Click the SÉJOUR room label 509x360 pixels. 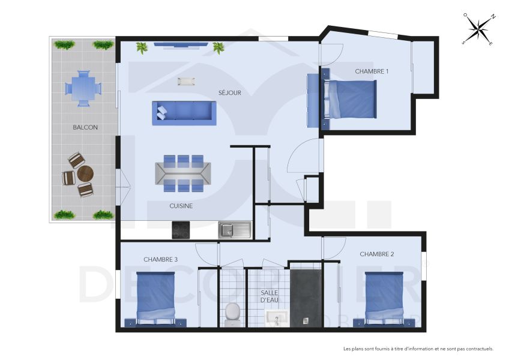pyautogui.click(x=229, y=92)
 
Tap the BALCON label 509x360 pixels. pyautogui.click(x=85, y=127)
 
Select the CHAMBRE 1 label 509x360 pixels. pyautogui.click(x=372, y=71)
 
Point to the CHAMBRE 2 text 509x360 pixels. pyautogui.click(x=376, y=254)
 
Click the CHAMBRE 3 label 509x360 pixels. pyautogui.click(x=160, y=259)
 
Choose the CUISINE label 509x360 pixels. pyautogui.click(x=181, y=206)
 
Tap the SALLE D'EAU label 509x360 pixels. pyautogui.click(x=269, y=296)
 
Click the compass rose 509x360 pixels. pyautogui.click(x=478, y=29)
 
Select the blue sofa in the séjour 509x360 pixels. pyautogui.click(x=184, y=112)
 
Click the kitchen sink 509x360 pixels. pyautogui.click(x=234, y=229)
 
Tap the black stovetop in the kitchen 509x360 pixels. pyautogui.click(x=181, y=230)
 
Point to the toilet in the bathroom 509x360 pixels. pyautogui.click(x=232, y=313)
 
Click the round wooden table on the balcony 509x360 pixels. pyautogui.click(x=85, y=174)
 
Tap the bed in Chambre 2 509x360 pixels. pyautogui.click(x=384, y=298)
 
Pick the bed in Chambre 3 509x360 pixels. pyautogui.click(x=156, y=298)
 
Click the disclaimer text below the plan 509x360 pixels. pyautogui.click(x=418, y=349)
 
